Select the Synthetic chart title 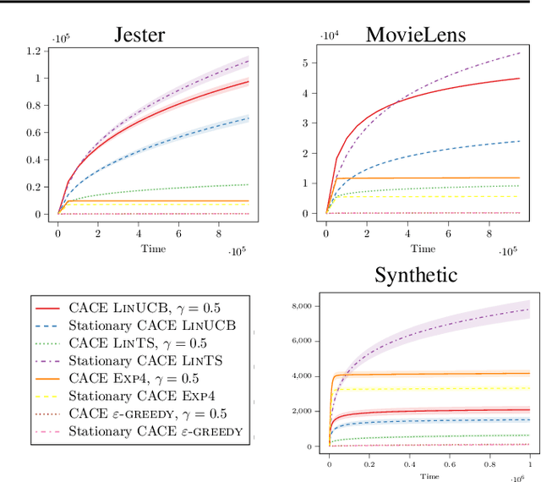coord(416,275)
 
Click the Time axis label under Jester coord(153,248)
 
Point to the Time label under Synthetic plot coord(429,476)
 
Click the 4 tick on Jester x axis coord(138,233)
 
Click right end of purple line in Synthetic coord(529,309)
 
